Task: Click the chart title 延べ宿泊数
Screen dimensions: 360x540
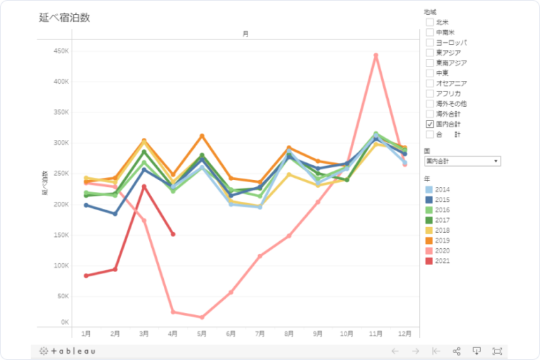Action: pos(65,18)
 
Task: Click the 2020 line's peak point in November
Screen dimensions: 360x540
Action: pos(376,55)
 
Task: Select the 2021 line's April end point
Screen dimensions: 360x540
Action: pos(173,234)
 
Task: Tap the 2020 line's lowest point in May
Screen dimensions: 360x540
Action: pos(202,317)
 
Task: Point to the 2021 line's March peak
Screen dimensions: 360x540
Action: pos(144,186)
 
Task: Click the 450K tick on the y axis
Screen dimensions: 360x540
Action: pos(60,51)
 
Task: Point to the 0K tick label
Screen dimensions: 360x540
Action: pos(64,322)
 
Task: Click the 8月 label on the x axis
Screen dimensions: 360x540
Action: pos(289,333)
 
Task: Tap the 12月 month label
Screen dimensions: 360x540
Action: pos(404,333)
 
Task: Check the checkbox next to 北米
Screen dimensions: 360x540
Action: pos(430,22)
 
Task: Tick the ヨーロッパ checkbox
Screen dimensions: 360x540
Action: pos(430,43)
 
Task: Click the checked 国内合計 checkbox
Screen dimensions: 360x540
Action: pos(430,124)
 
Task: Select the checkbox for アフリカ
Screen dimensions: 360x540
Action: pos(430,94)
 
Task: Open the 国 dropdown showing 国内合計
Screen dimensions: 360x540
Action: pos(462,161)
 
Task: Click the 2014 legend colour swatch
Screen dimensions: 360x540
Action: pos(429,190)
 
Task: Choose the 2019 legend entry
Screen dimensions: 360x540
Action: pos(442,240)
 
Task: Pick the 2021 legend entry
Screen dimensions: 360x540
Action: pos(442,261)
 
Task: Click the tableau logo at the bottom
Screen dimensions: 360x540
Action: pos(68,351)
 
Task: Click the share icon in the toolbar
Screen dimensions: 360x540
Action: pos(456,351)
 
